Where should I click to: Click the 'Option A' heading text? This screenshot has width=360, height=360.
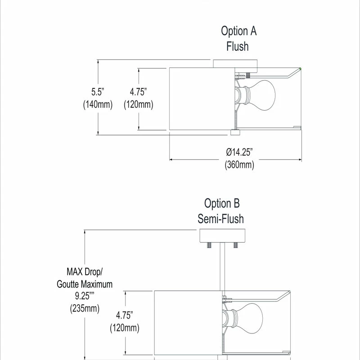(238, 31)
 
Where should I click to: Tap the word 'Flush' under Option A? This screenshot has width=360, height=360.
(238, 46)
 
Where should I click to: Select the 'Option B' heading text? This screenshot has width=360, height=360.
(222, 203)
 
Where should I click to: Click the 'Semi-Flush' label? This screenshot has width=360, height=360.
(220, 219)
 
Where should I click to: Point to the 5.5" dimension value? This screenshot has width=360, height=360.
(98, 92)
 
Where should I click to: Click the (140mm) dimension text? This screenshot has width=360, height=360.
(98, 104)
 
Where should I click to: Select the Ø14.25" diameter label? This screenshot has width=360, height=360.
(239, 152)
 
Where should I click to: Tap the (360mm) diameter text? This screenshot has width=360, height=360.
(239, 165)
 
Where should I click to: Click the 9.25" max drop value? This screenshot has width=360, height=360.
(85, 296)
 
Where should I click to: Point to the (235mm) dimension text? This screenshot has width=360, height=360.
(85, 308)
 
